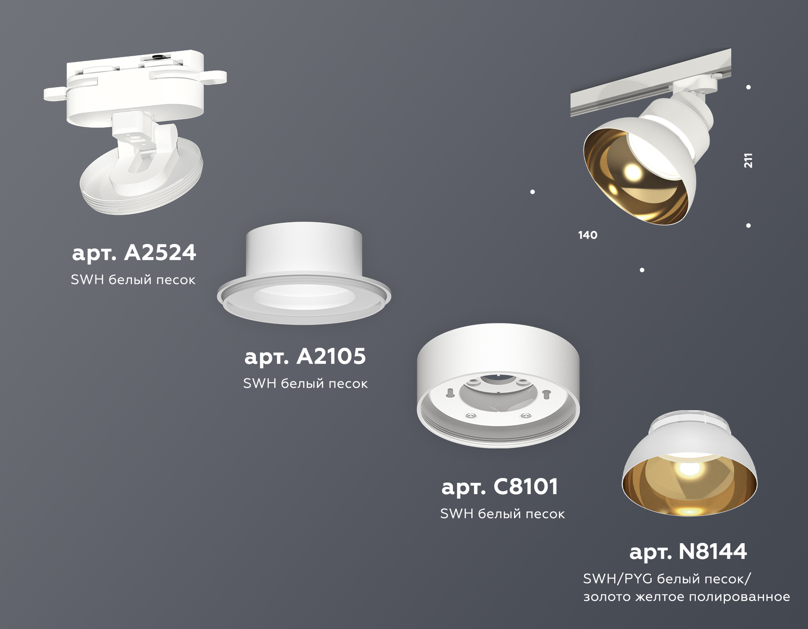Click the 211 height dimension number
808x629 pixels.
(748, 160)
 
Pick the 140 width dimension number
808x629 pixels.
(588, 235)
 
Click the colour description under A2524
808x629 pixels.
(133, 280)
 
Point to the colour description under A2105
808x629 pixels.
(305, 384)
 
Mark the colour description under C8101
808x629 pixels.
(502, 514)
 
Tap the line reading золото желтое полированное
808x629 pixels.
(686, 597)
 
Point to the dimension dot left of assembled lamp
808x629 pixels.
(532, 192)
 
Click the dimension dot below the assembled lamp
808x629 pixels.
(642, 270)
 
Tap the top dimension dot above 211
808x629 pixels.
(748, 87)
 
